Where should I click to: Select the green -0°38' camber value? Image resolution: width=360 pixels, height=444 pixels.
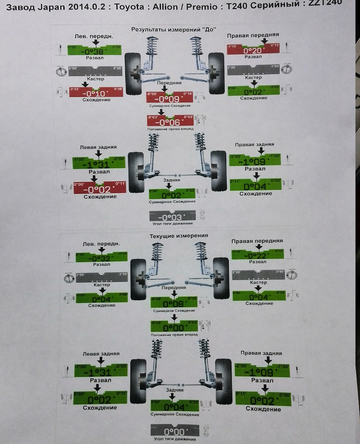pyautogui.click(x=94, y=51)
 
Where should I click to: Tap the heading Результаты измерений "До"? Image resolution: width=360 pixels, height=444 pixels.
pyautogui.click(x=173, y=29)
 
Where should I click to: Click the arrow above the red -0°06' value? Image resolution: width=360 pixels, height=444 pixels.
pyautogui.click(x=162, y=112)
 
